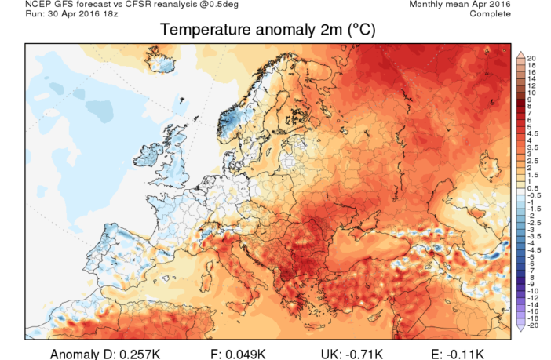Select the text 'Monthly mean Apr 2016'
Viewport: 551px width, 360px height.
tap(462, 5)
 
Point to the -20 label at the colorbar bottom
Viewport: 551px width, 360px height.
tap(533, 325)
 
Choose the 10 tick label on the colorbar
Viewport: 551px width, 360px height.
tap(531, 93)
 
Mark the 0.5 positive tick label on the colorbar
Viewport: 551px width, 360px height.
tap(533, 188)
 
